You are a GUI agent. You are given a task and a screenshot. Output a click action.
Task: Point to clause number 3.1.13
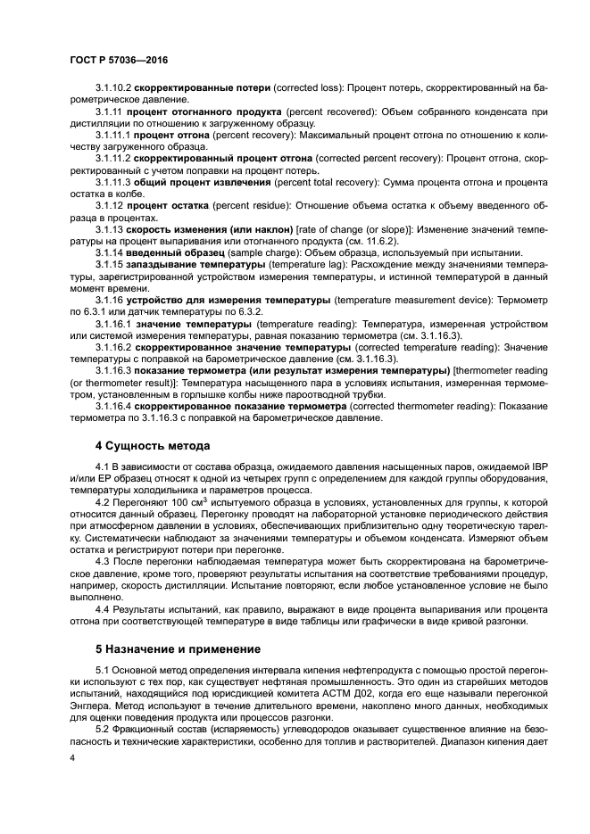tap(110, 228)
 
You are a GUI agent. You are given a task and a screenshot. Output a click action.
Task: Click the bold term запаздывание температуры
tap(199, 265)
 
